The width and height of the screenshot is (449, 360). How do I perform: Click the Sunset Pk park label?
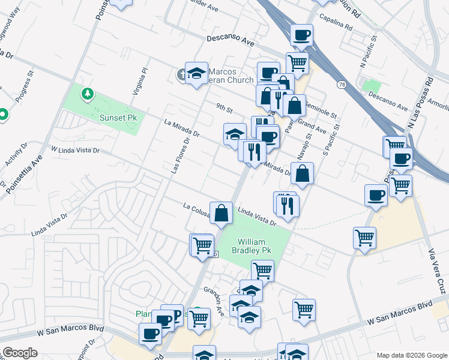[x=120, y=118]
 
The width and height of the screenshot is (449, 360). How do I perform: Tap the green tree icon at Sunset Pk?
[x=88, y=94]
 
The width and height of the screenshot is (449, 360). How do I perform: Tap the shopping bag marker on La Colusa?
[x=221, y=212]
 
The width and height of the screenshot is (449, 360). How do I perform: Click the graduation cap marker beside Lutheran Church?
[x=196, y=73]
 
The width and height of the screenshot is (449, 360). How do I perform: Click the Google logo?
[x=19, y=353]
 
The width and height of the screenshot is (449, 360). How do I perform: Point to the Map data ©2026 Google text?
[x=411, y=355]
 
